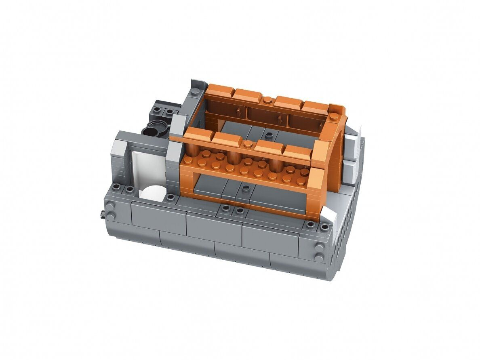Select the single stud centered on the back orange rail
tap(268, 100)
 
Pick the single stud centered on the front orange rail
tap(247, 144)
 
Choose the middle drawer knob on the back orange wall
tap(279, 118)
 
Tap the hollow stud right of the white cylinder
tap(171, 197)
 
